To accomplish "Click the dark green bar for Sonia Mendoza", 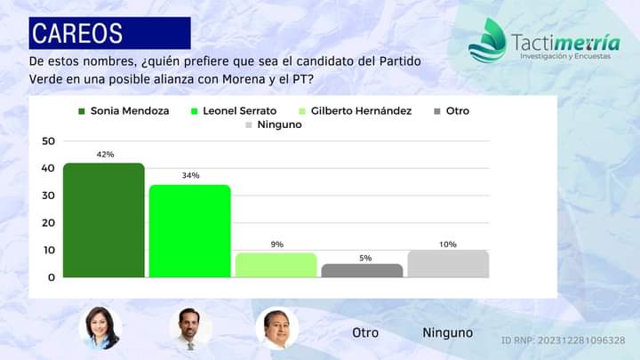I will pos(103,220).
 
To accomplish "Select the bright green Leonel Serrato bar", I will pos(189,231).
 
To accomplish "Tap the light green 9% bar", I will pos(276,265).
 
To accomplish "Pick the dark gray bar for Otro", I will pos(362,270).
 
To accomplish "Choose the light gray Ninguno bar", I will pos(447,263).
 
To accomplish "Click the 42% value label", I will pos(105,154).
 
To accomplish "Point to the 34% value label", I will pos(190,176).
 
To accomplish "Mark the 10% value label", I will pos(447,244).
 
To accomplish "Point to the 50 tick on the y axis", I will pos(48,140).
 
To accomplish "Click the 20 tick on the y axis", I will pos(48,222).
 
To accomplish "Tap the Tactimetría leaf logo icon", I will pos(486,41).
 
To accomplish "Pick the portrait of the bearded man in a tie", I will pos(190,329).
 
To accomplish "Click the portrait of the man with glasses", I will pos(276,328).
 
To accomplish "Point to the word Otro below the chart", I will pos(365,332).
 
